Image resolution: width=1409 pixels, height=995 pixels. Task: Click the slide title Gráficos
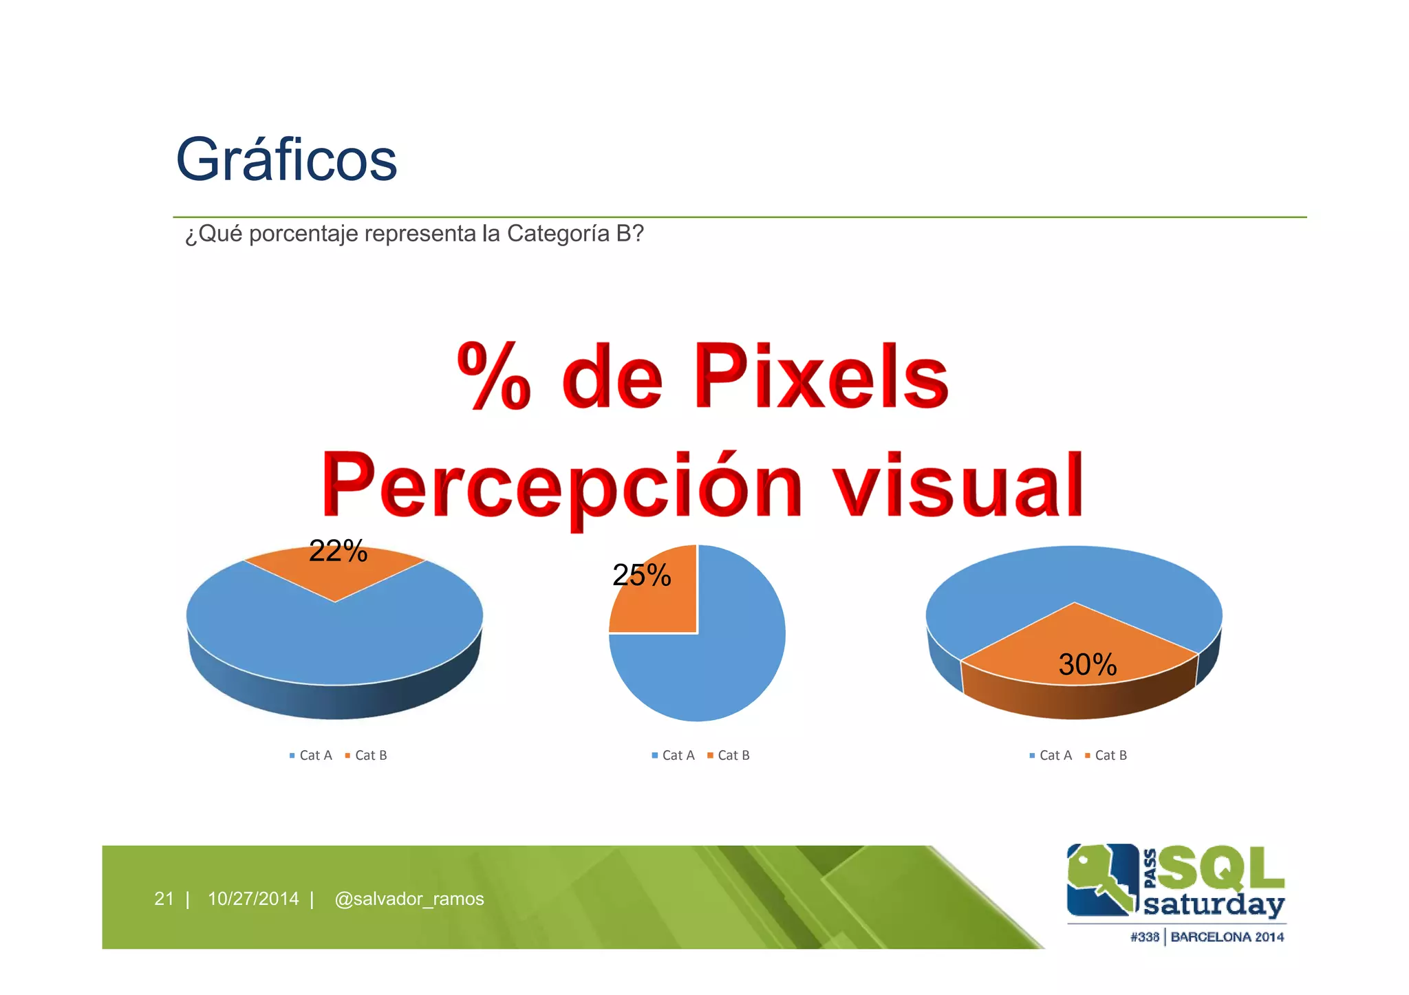[286, 160]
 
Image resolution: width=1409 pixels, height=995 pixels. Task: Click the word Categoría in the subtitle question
[558, 234]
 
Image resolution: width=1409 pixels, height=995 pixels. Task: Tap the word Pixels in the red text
[821, 376]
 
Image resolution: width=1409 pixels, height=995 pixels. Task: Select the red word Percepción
[561, 485]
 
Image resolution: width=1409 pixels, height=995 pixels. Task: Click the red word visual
[959, 485]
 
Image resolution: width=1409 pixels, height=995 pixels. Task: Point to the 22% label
[338, 551]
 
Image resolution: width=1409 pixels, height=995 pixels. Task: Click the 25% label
[641, 575]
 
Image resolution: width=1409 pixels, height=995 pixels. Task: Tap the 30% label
[1087, 664]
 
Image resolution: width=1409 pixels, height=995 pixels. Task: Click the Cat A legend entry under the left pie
[311, 755]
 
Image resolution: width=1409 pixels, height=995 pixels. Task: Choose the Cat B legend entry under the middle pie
[729, 755]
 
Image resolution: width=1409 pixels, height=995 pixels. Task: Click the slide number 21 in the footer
[164, 899]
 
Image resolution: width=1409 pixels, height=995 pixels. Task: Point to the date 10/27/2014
[253, 899]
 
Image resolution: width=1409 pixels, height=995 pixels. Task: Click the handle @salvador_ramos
[409, 899]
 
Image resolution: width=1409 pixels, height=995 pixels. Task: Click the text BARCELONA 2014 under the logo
[1227, 937]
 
